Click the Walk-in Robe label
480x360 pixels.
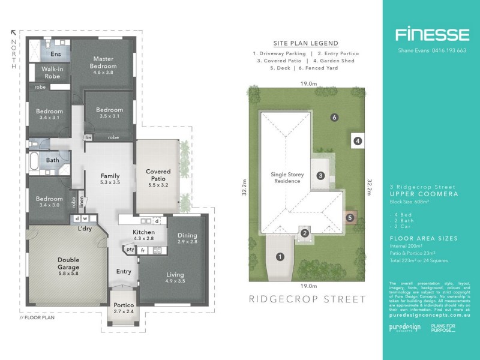tap(52, 73)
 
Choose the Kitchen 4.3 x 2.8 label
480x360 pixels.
tap(143, 235)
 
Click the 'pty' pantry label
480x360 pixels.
tap(129, 250)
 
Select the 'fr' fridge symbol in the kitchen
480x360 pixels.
tap(143, 250)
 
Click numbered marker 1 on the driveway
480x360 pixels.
tap(280, 257)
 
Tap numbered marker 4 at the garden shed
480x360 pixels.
tap(358, 141)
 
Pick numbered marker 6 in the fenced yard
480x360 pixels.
tap(334, 117)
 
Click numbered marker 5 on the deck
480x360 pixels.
tap(349, 217)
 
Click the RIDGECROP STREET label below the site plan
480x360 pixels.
tap(307, 299)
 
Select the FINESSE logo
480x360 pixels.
tap(431, 34)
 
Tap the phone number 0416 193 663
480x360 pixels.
tap(444, 50)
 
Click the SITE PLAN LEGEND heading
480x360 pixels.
tap(306, 43)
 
